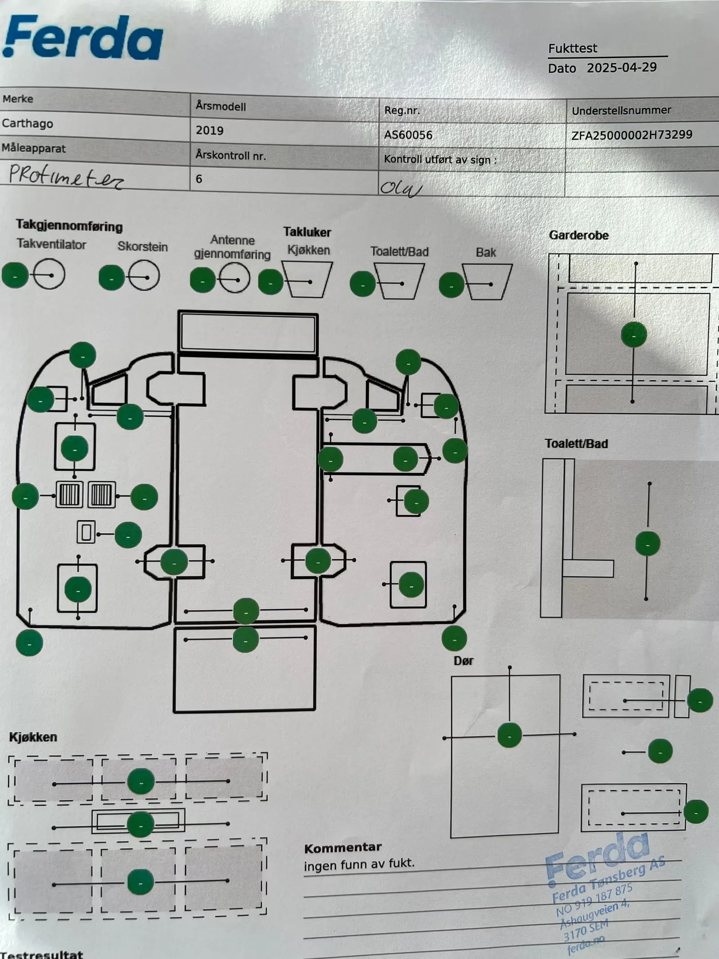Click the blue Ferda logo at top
pos(83,38)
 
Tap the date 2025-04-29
pos(621,68)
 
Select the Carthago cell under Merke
pos(27,124)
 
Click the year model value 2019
pos(209,131)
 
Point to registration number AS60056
pos(408,135)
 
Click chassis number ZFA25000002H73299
pos(631,135)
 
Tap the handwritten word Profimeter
pos(66,177)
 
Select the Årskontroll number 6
pos(199,179)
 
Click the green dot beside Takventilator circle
pos(15,275)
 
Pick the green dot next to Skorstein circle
pos(111,277)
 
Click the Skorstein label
pos(142,247)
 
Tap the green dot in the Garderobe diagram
pos(634,335)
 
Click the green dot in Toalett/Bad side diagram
pos(648,544)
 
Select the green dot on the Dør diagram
pos(510,735)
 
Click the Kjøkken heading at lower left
pos(33,737)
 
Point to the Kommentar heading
pos(343,847)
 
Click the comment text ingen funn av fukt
pos(359,864)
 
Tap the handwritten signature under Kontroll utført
pos(400,188)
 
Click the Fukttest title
pos(573,49)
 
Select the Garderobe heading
pos(579,236)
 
